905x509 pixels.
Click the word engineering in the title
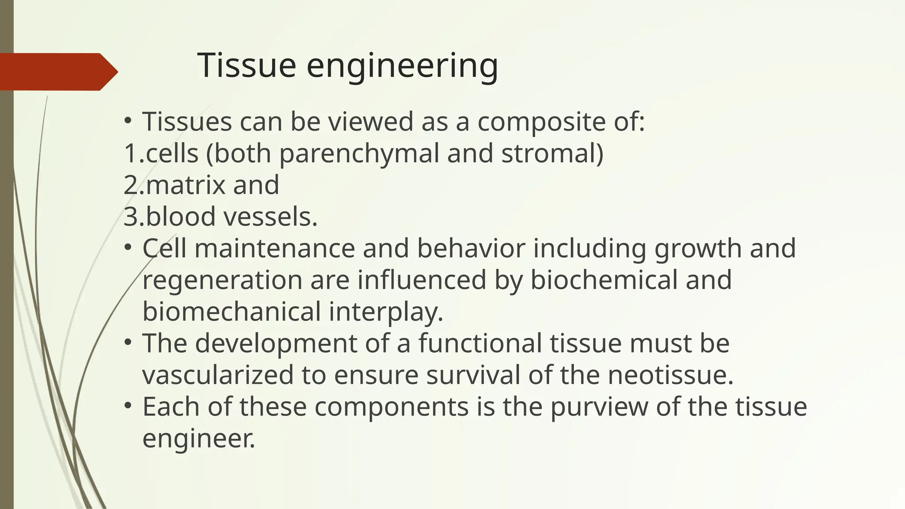[x=402, y=66]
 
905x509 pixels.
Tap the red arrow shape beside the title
[x=57, y=72]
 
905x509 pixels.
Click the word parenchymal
[x=358, y=154]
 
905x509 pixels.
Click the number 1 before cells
[x=130, y=153]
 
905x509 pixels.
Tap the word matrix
[x=186, y=185]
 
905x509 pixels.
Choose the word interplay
[x=386, y=312]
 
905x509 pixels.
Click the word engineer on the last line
[x=198, y=438]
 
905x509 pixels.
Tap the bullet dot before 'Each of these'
[x=128, y=405]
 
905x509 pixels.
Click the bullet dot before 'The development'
[x=128, y=342]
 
